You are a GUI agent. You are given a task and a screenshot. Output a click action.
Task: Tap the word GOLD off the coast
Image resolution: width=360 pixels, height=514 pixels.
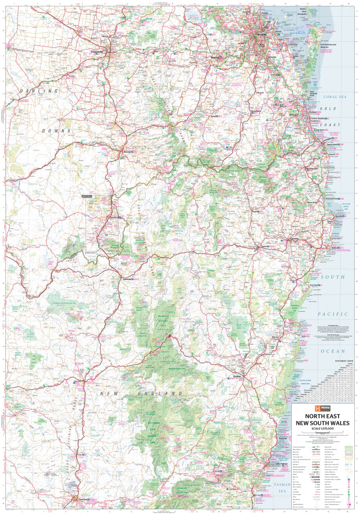click(327, 108)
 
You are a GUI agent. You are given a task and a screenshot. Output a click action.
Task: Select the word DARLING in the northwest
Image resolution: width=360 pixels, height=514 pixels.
click(39, 91)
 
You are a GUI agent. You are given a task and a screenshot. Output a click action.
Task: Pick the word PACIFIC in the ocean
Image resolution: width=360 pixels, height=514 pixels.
click(332, 314)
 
